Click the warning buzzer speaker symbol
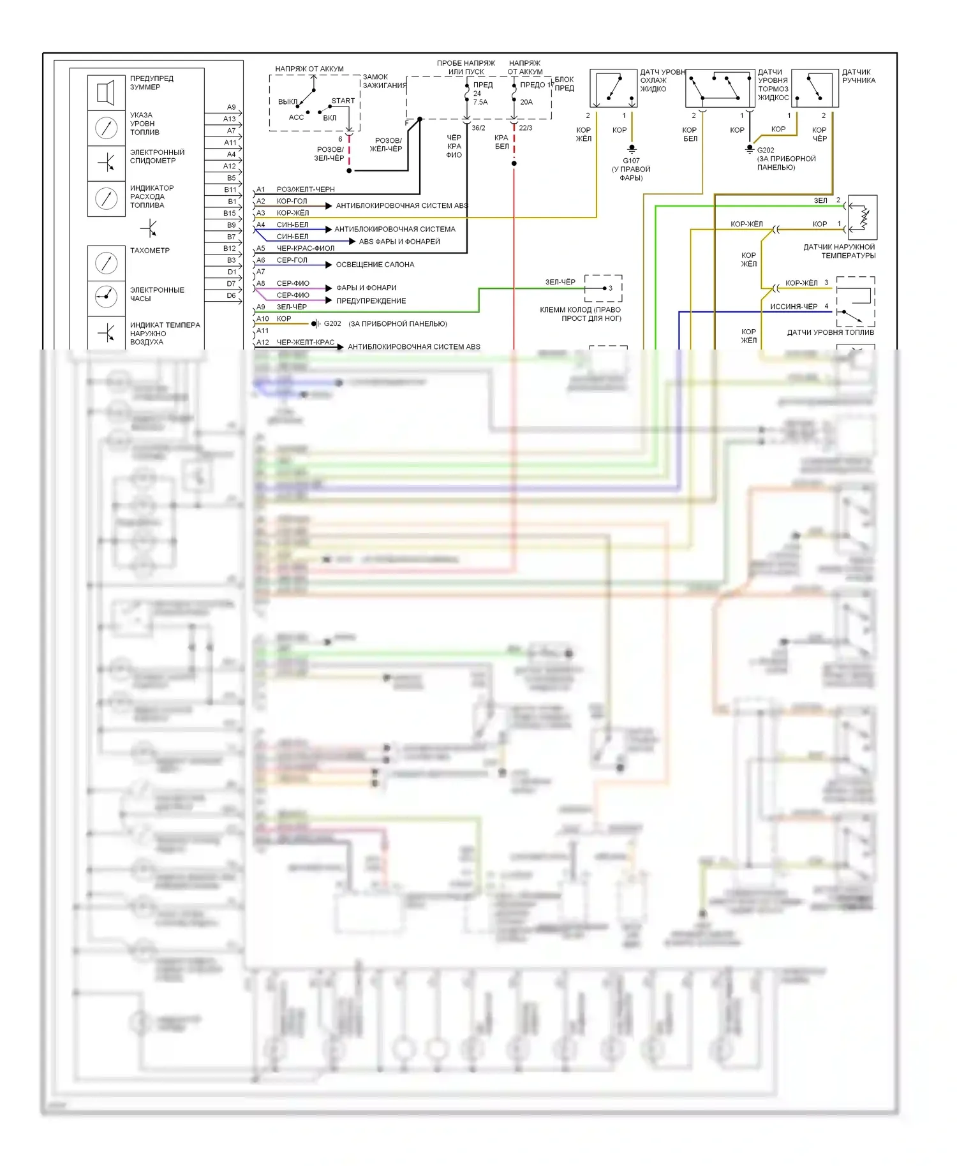pyautogui.click(x=106, y=92)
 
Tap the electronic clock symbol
pyautogui.click(x=106, y=295)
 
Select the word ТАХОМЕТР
pyautogui.click(x=150, y=251)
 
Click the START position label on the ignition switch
pyautogui.click(x=343, y=101)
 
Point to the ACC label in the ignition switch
pyautogui.click(x=296, y=117)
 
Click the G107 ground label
pyautogui.click(x=631, y=161)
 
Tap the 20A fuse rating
pyautogui.click(x=526, y=102)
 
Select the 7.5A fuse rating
pyautogui.click(x=480, y=102)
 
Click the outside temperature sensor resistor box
pyautogui.click(x=863, y=218)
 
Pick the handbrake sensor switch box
pyautogui.click(x=815, y=89)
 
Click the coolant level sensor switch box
pyautogui.click(x=613, y=89)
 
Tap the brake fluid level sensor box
pyautogui.click(x=720, y=89)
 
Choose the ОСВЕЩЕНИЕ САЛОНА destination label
pyautogui.click(x=375, y=265)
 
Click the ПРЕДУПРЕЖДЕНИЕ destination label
pyautogui.click(x=371, y=301)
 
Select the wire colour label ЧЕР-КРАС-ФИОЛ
pyautogui.click(x=306, y=249)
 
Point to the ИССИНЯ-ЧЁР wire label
pyautogui.click(x=794, y=307)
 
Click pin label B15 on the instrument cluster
pyautogui.click(x=230, y=213)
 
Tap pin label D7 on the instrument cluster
pyautogui.click(x=231, y=284)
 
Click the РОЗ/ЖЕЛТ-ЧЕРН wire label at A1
pyautogui.click(x=306, y=189)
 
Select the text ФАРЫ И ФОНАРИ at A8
pyautogui.click(x=366, y=288)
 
